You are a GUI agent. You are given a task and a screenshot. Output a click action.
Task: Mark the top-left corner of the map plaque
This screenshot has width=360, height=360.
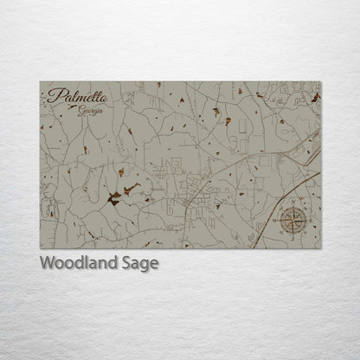coord(40,82)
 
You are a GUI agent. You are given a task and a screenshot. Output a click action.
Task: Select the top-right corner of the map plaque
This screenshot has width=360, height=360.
coord(320,82)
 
